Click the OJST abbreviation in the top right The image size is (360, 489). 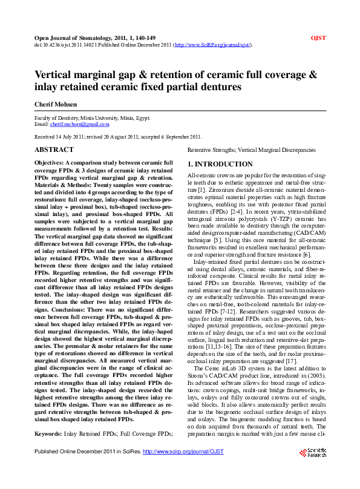[318, 38]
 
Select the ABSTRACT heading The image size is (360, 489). [54, 149]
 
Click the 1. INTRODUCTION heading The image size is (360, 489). [220, 164]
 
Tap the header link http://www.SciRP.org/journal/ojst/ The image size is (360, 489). [212, 45]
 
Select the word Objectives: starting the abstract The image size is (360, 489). [52, 163]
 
